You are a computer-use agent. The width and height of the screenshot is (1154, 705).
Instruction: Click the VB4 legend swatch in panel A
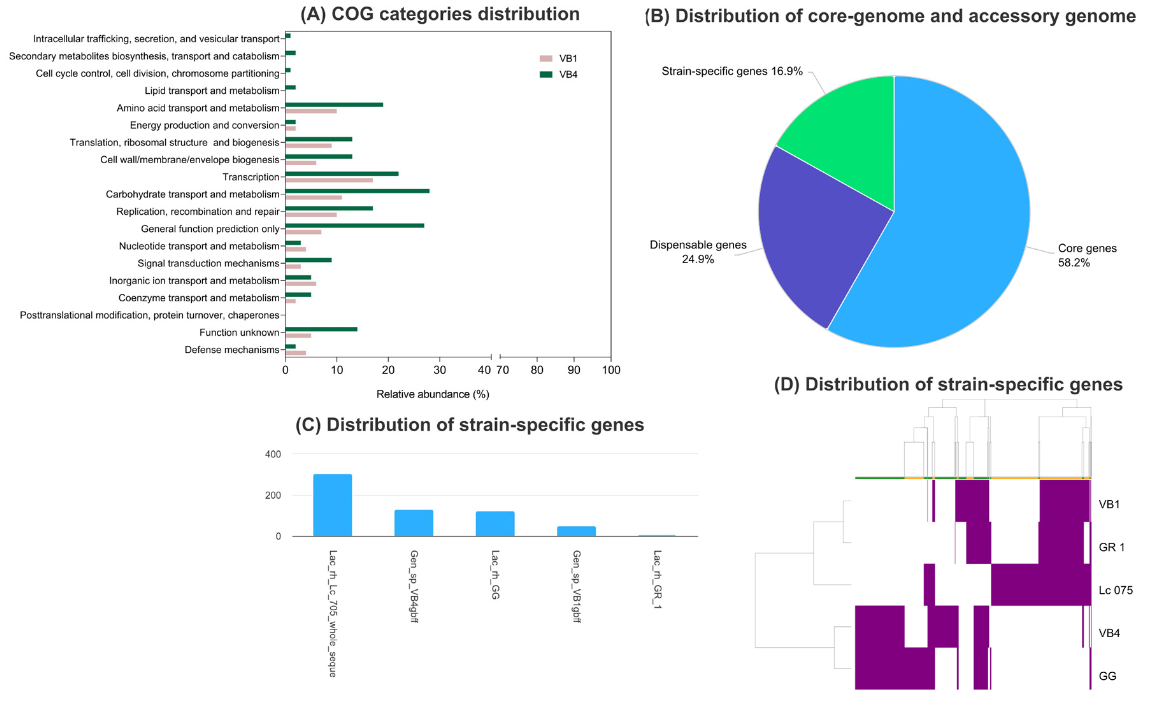546,75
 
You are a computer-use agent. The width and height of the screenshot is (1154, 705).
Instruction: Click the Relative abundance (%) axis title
432,394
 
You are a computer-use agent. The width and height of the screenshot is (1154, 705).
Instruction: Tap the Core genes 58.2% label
1086,255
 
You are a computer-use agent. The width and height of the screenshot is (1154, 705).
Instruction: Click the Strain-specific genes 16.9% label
732,71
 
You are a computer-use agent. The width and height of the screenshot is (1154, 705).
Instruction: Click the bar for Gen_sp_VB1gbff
576,531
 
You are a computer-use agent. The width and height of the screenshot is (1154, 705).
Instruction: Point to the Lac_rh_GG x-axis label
495,574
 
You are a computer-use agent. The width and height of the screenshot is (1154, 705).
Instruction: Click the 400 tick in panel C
273,454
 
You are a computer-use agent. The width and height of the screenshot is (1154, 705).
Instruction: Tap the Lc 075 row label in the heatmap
1115,590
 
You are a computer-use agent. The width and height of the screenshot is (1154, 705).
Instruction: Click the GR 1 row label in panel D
1111,547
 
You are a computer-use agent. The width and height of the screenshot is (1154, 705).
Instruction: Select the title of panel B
890,16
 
